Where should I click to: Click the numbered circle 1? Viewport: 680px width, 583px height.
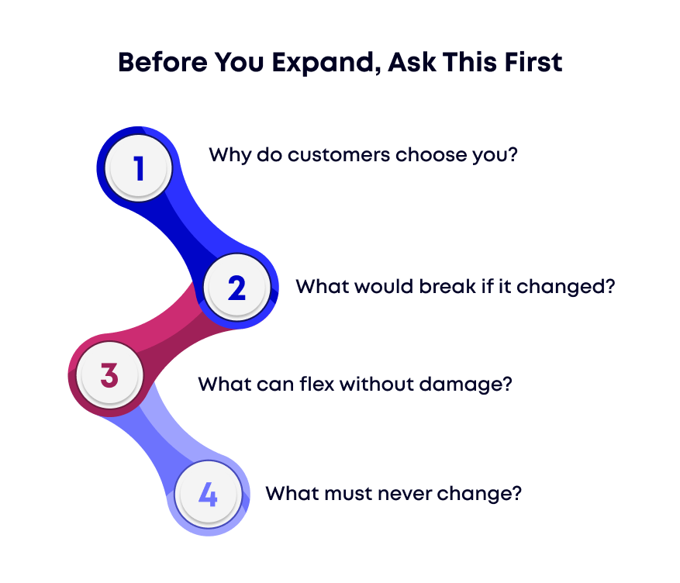(139, 167)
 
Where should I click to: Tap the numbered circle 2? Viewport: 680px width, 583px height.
(236, 288)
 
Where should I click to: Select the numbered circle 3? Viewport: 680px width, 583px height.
(109, 374)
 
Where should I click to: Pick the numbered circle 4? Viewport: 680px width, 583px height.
(208, 494)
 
